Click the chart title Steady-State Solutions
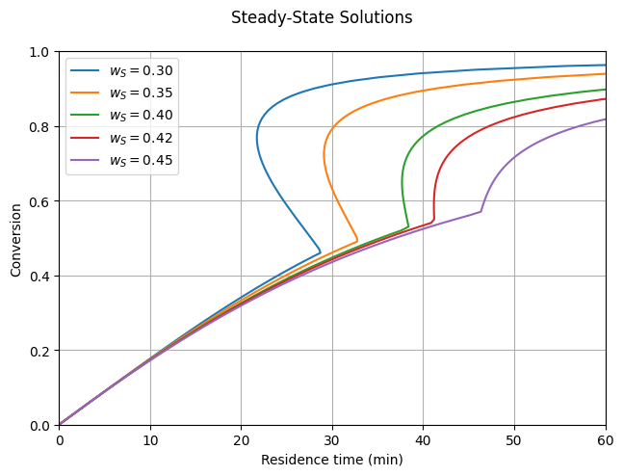click(322, 17)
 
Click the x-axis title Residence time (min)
click(332, 461)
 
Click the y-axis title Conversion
click(16, 238)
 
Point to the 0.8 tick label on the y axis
click(39, 126)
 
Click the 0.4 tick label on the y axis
click(39, 276)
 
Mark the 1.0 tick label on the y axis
click(39, 51)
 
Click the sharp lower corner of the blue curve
click(321, 252)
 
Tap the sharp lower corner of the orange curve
click(357, 240)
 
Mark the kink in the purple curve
click(481, 211)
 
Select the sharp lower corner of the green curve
click(408, 226)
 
